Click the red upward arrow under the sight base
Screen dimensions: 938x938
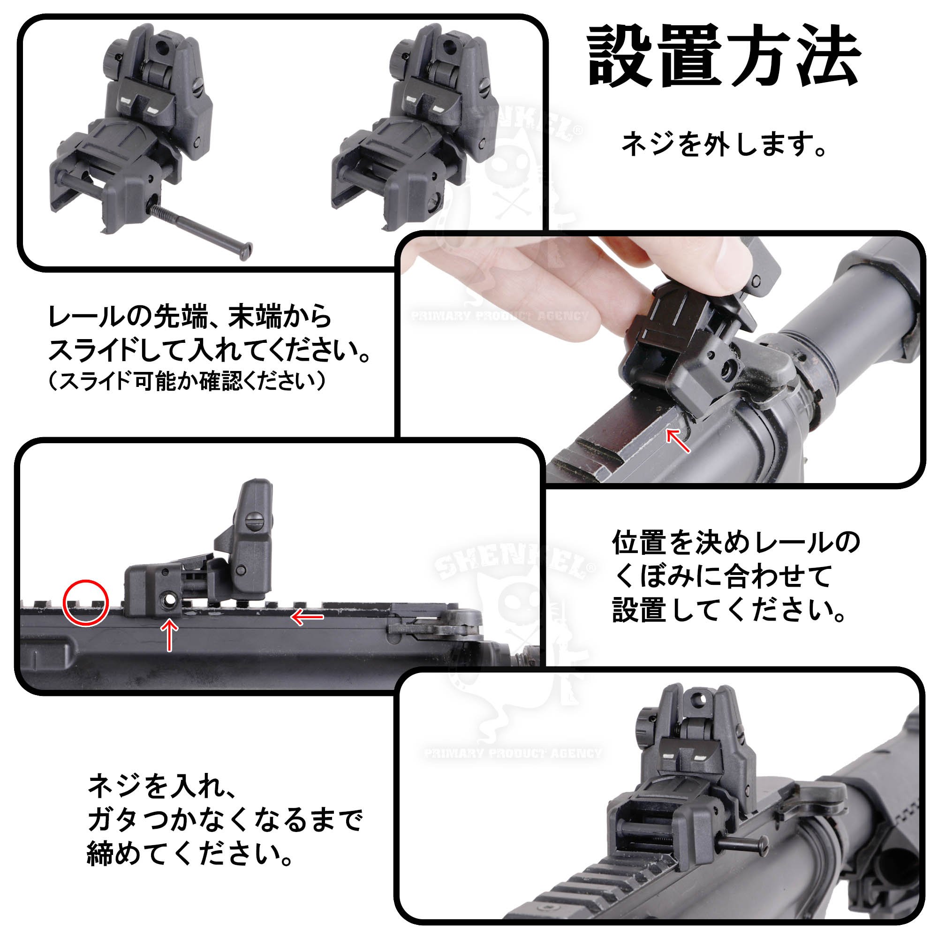(x=169, y=635)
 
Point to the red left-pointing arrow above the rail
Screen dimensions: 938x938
(x=307, y=617)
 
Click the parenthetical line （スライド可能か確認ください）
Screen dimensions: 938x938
(x=188, y=382)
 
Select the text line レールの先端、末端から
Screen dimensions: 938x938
(x=190, y=318)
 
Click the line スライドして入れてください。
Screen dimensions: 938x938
(x=209, y=350)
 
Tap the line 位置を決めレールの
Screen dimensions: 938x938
(x=736, y=543)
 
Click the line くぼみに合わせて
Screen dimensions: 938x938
(x=721, y=576)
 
